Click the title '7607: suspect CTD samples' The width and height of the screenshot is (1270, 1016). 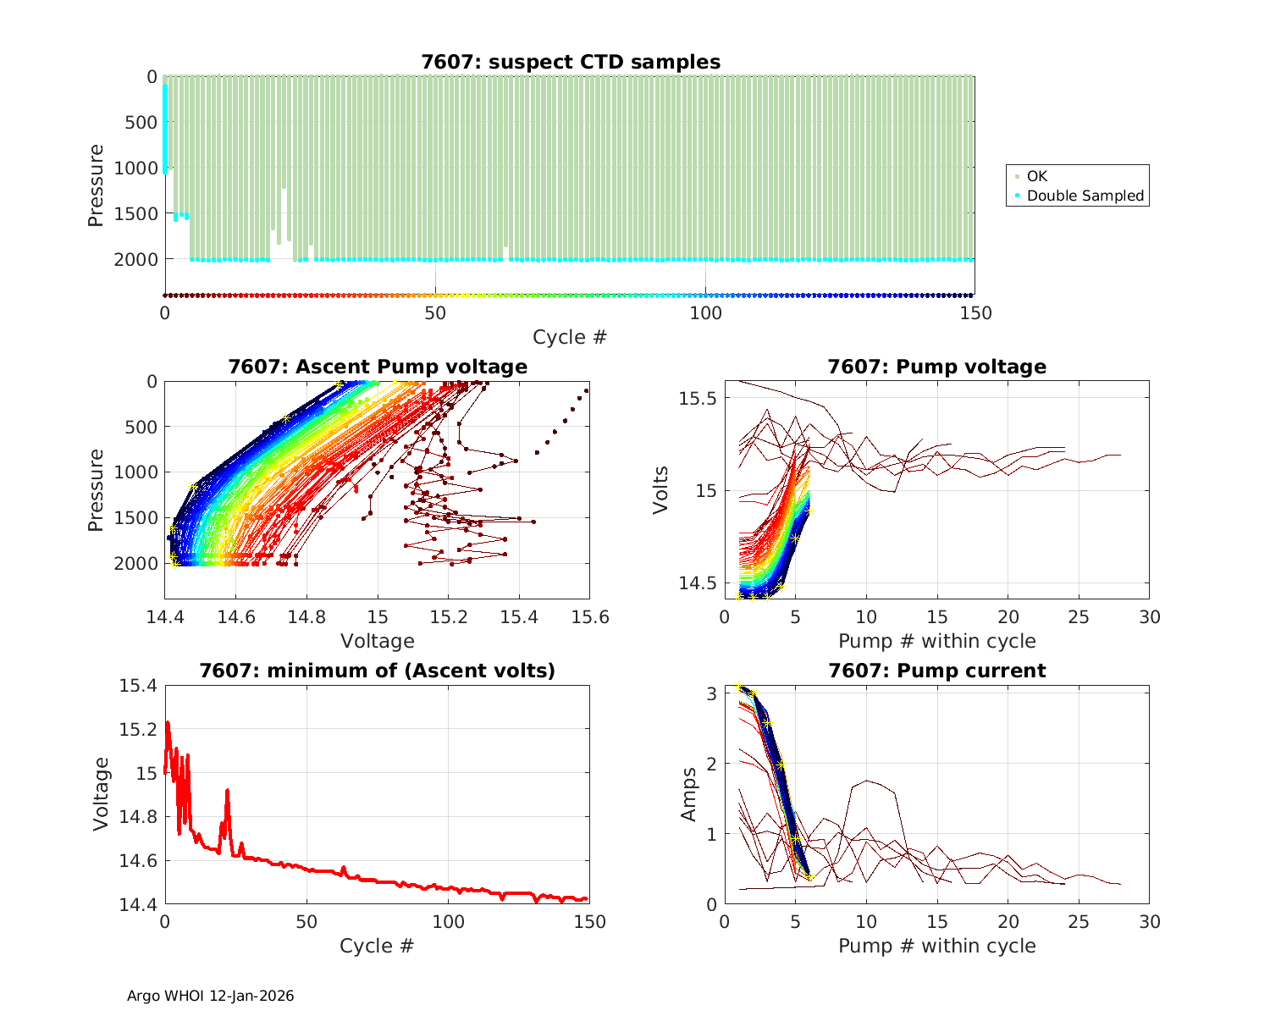pos(571,62)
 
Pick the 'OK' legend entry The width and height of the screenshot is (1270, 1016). pos(1037,176)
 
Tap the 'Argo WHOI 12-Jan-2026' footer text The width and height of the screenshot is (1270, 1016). pos(211,996)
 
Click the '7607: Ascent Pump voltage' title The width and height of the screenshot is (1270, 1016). pos(378,367)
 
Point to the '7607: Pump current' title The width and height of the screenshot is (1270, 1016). pos(936,671)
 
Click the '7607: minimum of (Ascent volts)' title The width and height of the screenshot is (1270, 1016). pos(378,671)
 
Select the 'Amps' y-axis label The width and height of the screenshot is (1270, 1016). pos(689,794)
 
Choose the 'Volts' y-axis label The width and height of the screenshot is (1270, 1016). pos(661,490)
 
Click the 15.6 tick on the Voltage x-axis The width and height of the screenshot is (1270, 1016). pos(590,617)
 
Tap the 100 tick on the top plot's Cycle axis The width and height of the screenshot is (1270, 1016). pos(705,313)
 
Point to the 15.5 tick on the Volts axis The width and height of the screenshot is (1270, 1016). pos(698,398)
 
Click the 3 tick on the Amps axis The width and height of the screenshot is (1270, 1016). pos(712,693)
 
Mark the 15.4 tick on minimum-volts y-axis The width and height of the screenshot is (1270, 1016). pos(139,685)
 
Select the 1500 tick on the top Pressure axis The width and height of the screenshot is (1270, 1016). pos(135,213)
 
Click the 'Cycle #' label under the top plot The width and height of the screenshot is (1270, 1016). pos(570,337)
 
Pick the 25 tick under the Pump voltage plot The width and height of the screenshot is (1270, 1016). pos(1079,617)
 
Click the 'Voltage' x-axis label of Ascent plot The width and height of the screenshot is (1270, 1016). pos(378,641)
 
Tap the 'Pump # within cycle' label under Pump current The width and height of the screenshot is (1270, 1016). pos(936,945)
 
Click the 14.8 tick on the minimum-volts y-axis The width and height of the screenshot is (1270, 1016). pos(139,817)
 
